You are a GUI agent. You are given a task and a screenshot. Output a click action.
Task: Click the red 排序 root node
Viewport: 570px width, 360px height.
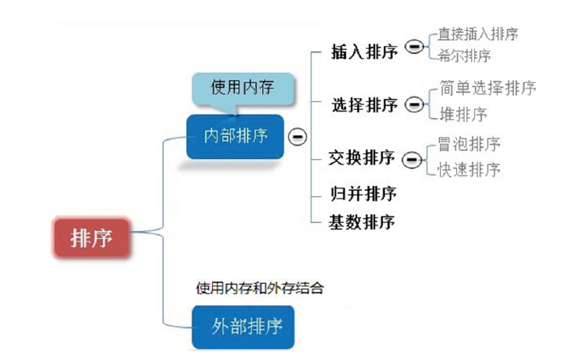click(x=92, y=237)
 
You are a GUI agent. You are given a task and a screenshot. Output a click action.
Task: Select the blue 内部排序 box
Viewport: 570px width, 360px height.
click(x=236, y=136)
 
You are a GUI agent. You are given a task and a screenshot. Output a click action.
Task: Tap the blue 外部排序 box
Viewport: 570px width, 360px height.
click(x=244, y=327)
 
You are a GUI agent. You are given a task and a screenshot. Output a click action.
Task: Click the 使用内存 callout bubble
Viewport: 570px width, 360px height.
click(x=242, y=87)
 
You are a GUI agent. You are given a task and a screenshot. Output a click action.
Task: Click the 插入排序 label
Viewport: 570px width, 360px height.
click(x=364, y=53)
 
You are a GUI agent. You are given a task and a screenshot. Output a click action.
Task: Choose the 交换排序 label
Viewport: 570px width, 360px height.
click(x=362, y=157)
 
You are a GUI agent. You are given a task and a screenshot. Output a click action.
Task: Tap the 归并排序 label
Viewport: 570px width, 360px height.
click(x=363, y=193)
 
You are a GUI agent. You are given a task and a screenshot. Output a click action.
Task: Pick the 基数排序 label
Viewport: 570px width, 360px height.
click(x=362, y=222)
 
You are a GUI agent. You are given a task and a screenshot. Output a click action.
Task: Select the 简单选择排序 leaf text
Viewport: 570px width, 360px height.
click(x=488, y=88)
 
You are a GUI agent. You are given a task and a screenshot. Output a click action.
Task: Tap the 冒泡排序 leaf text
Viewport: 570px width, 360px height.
click(x=469, y=144)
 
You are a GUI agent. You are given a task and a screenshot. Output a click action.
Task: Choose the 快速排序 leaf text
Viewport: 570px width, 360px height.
click(x=469, y=169)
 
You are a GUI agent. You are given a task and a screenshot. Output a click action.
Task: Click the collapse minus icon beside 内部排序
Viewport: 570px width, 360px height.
click(x=298, y=136)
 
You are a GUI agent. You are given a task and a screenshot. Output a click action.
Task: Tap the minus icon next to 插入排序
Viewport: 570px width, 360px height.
click(x=413, y=47)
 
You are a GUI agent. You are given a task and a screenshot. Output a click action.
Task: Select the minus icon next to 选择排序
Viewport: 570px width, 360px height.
click(x=413, y=104)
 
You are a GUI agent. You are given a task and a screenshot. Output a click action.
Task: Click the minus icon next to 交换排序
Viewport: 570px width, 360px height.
click(x=411, y=160)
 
